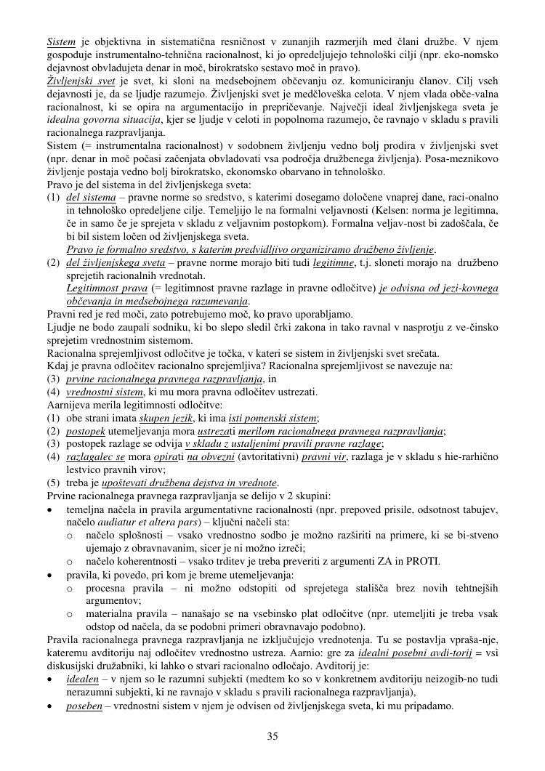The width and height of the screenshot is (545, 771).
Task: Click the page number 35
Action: pos(272,736)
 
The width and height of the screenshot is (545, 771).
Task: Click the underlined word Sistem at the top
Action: pos(61,42)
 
